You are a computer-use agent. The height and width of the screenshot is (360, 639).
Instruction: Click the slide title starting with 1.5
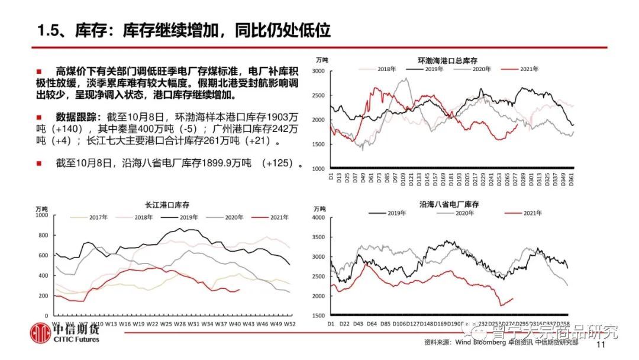coord(183,30)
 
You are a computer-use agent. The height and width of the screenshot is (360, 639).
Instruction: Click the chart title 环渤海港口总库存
coord(447,60)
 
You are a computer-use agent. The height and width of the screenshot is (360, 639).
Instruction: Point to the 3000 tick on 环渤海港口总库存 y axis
coord(317,71)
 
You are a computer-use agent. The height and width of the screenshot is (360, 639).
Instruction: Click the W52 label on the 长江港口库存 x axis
coord(290,323)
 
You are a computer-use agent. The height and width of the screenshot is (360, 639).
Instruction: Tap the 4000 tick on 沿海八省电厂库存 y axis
coord(318,218)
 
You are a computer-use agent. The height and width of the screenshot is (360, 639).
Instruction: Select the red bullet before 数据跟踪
coord(39,115)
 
